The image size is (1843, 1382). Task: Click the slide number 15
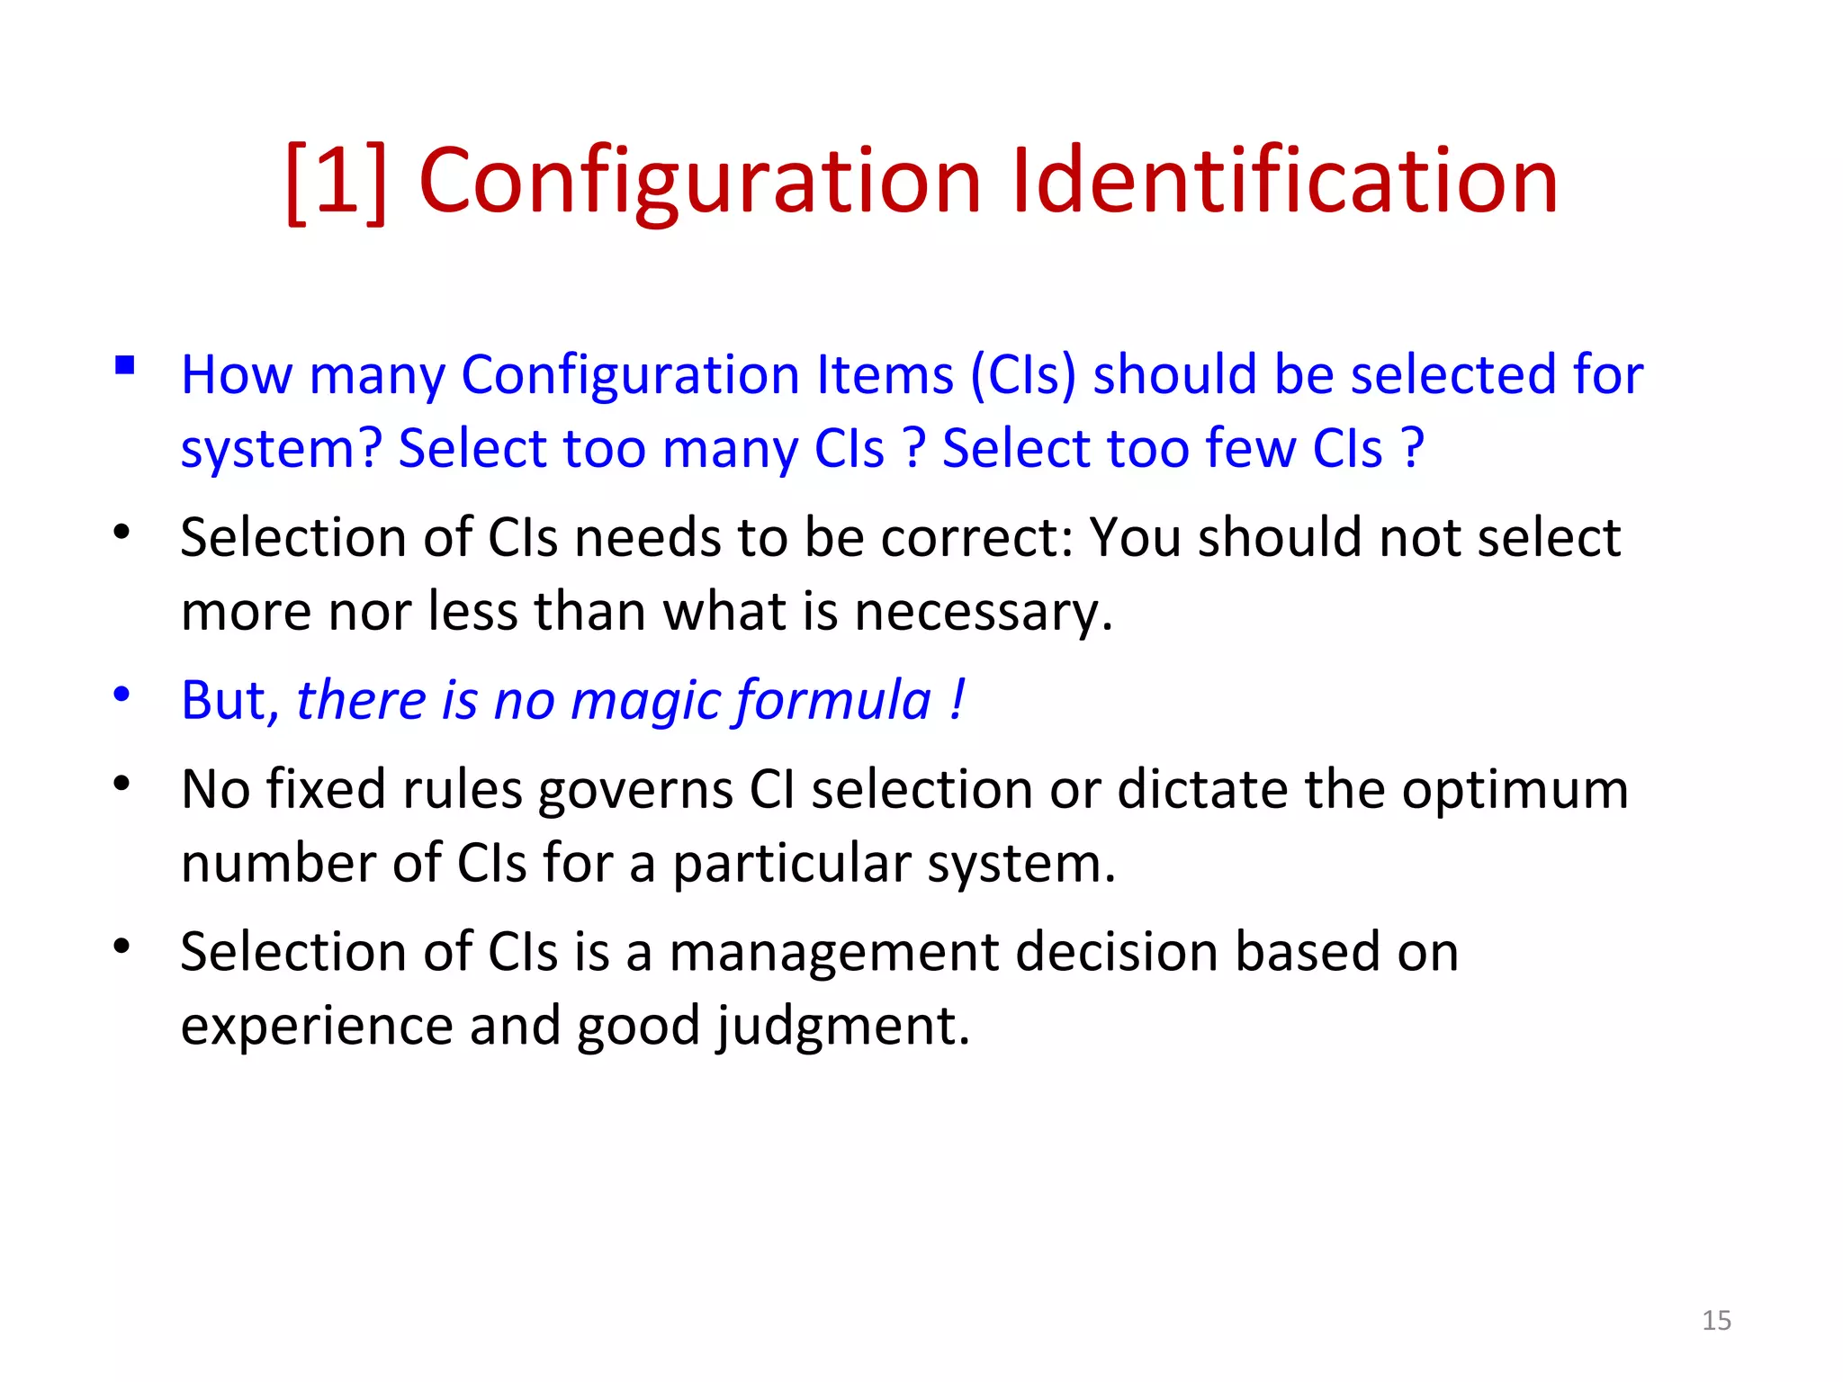[1716, 1320]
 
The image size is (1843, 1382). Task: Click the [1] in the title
[336, 182]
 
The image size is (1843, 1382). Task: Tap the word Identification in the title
[1284, 182]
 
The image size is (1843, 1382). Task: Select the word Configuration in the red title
[699, 182]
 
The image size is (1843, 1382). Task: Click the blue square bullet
[125, 365]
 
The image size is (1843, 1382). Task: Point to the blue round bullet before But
[122, 694]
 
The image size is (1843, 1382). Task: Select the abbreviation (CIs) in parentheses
[1023, 374]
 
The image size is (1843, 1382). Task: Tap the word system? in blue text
[282, 448]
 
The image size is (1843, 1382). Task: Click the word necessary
[984, 612]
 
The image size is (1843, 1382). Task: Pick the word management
[834, 952]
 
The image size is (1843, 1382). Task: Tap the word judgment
[843, 1026]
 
